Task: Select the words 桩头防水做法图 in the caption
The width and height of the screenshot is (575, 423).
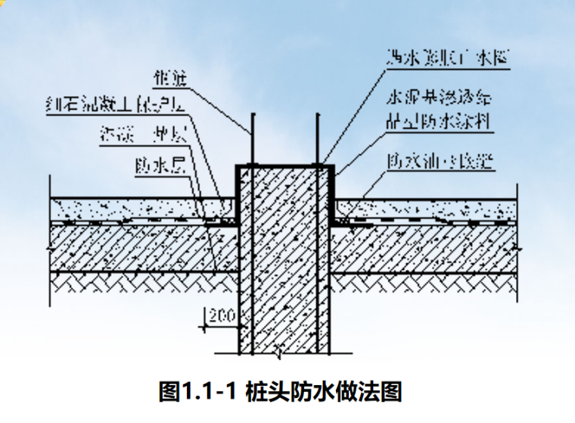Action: click(322, 392)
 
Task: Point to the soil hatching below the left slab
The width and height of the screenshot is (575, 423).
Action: click(136, 285)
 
